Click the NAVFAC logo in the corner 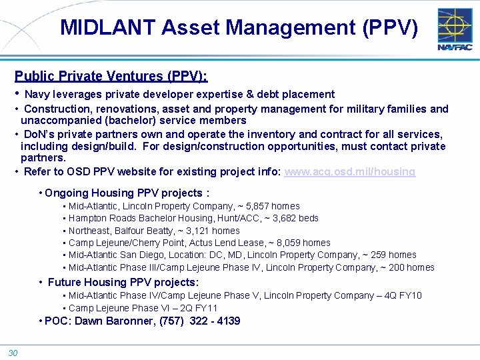tap(455, 30)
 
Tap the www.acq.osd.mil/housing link tap(349, 171)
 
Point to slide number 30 tap(13, 353)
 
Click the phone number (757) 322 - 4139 tap(200, 321)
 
